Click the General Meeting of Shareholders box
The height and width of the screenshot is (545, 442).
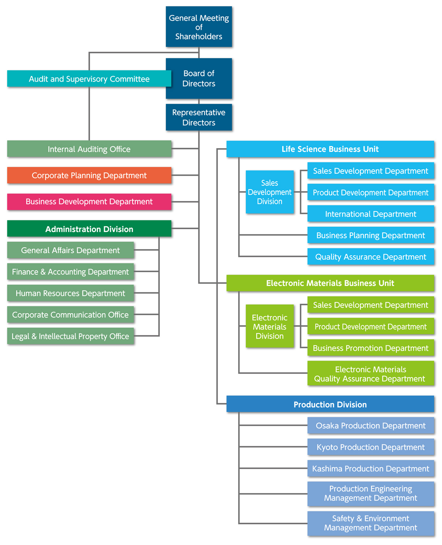198,27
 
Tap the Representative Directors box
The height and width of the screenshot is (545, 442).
198,117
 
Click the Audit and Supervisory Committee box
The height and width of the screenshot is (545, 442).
89,79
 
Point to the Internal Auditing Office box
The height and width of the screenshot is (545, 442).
89,149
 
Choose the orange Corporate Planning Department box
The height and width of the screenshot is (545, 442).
89,175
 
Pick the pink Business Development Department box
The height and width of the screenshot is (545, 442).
89,202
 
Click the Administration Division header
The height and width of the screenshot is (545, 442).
89,228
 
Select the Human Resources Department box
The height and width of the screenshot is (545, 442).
70,293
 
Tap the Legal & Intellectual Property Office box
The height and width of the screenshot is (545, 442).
70,336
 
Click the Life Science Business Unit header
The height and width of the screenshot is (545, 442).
330,149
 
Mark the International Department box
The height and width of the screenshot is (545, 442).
370,213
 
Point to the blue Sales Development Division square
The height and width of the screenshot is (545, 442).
270,192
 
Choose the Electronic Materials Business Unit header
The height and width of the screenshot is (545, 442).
330,283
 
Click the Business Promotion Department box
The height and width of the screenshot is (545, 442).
370,348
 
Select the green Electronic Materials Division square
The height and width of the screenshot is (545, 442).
270,326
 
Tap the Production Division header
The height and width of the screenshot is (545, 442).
330,404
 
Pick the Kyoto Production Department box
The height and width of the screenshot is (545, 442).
370,447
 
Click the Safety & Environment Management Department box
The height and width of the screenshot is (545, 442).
370,523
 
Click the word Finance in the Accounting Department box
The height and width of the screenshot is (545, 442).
25,271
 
